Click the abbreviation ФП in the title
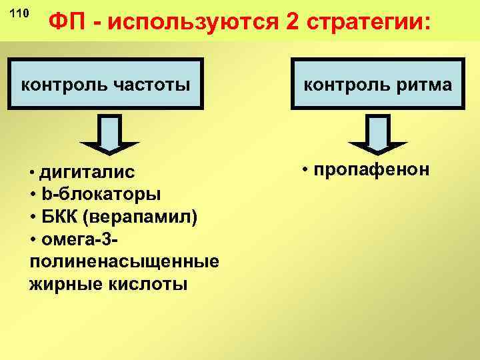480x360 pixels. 71,25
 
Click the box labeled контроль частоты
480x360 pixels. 106,85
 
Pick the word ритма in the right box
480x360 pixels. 419,85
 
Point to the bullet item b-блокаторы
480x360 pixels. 99,195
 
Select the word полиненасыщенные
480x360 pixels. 124,262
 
